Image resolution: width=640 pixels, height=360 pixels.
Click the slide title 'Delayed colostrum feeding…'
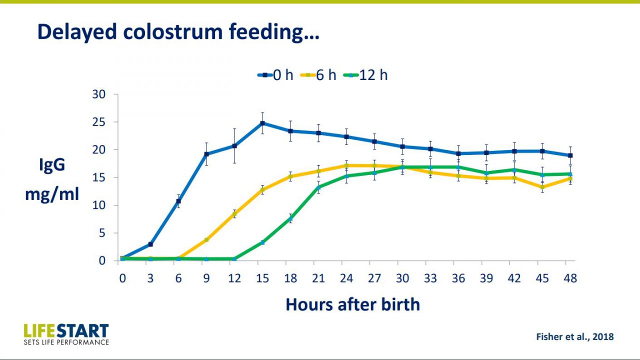click(178, 31)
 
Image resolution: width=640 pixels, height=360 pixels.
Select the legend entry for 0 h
click(275, 75)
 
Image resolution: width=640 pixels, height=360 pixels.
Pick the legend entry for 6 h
click(318, 75)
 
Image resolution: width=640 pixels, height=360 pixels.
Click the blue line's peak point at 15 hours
click(262, 123)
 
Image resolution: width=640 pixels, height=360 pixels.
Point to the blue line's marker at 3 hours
click(150, 244)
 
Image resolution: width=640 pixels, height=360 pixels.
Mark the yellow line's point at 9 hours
click(206, 240)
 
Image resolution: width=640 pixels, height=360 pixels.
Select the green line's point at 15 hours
click(262, 242)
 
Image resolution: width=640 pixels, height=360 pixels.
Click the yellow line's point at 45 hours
click(542, 187)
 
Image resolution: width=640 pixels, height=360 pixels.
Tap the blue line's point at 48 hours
click(570, 155)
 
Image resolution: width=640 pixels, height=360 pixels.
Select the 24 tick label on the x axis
click(346, 278)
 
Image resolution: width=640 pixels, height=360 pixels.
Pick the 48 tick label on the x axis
click(570, 278)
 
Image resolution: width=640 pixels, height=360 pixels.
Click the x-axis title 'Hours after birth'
click(352, 304)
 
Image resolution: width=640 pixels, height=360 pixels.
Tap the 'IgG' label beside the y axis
click(52, 165)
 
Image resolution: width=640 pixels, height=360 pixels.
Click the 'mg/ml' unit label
click(52, 193)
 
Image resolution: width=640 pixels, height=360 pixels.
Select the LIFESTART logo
click(66, 333)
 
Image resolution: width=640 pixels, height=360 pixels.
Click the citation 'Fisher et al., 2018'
click(574, 336)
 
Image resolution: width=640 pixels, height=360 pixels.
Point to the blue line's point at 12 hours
click(234, 146)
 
